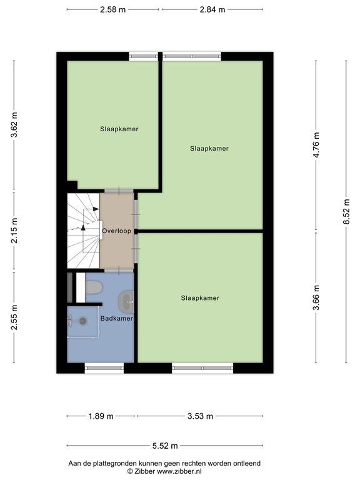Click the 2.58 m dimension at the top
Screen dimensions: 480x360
pyautogui.click(x=114, y=10)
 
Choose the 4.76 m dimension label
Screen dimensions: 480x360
pyautogui.click(x=316, y=144)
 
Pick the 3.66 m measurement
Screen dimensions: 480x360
pyautogui.click(x=316, y=297)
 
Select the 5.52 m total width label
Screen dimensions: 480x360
pyautogui.click(x=165, y=446)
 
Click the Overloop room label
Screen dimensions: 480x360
pyautogui.click(x=116, y=231)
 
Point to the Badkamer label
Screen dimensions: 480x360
pyautogui.click(x=116, y=319)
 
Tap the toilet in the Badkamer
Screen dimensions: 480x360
pyautogui.click(x=94, y=287)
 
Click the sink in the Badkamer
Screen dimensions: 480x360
pyautogui.click(x=128, y=302)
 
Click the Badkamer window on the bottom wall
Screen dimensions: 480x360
pyautogui.click(x=104, y=368)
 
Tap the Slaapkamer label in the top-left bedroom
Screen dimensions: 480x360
pyautogui.click(x=119, y=129)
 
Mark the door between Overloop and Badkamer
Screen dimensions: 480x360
pyautogui.click(x=117, y=270)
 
